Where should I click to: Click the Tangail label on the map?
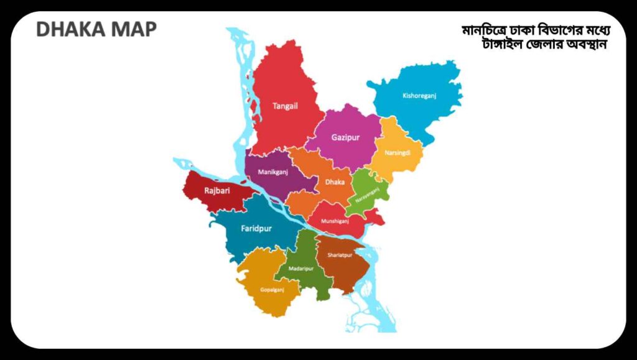[285, 106]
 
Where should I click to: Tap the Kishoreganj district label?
[419, 96]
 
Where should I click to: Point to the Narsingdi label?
[398, 152]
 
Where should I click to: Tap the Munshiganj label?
[337, 220]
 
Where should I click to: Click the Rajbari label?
[217, 191]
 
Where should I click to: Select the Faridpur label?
[256, 228]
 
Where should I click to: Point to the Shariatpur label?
[340, 255]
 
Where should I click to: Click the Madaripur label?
[301, 269]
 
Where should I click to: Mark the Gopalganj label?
[272, 289]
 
